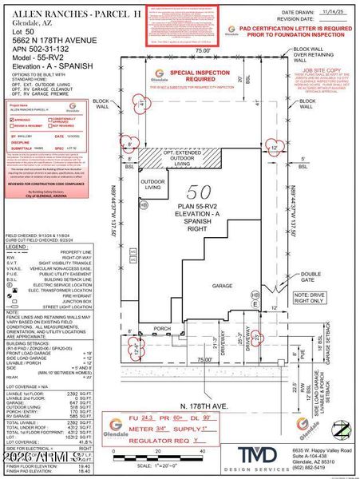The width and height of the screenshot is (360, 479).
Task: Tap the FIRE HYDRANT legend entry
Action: pyautogui.click(x=80, y=297)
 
